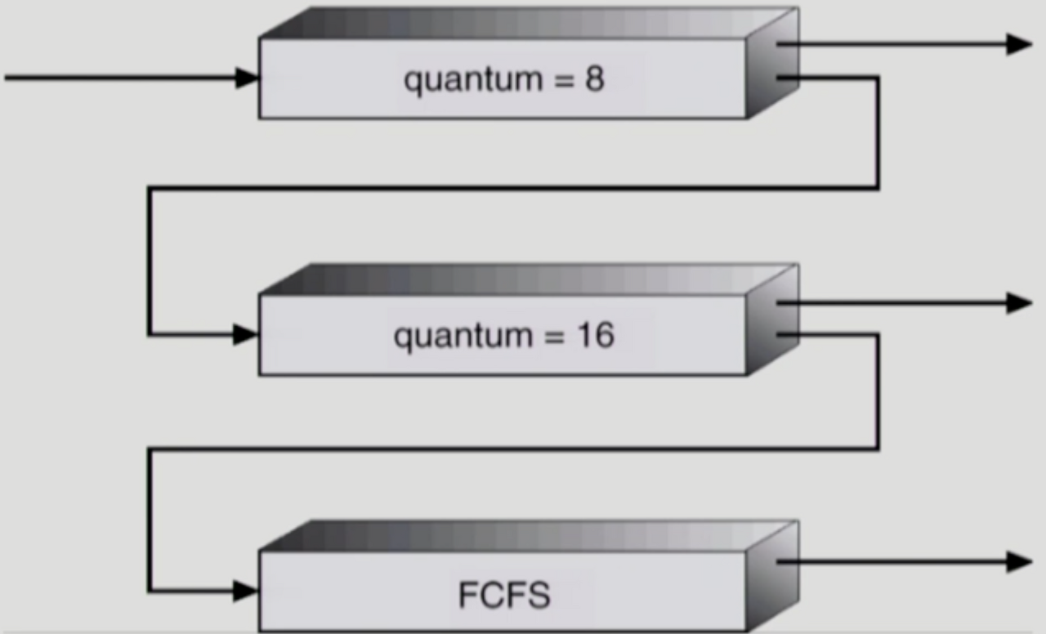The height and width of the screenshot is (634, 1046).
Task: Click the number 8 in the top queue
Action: pos(594,80)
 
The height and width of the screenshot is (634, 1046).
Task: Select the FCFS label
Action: pos(504,595)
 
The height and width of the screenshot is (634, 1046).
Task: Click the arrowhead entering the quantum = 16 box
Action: pos(245,334)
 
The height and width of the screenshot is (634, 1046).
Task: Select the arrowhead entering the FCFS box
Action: pos(245,590)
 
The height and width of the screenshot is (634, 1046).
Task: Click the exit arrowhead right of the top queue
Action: pos(1019,44)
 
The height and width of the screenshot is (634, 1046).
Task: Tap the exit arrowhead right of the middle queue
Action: pos(1019,303)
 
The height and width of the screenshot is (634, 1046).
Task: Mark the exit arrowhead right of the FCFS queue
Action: pos(1019,561)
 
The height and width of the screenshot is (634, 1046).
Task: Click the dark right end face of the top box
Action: pos(771,64)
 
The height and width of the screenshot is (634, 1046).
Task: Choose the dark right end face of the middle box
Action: pos(771,320)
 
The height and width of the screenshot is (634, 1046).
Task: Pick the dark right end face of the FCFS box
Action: pos(771,578)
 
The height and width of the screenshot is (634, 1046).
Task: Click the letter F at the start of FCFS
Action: pos(467,595)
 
